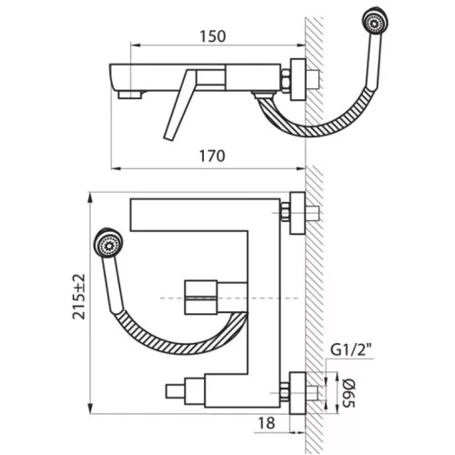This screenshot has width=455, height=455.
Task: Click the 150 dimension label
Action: (x=213, y=36)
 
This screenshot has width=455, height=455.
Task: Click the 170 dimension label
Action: (x=212, y=157)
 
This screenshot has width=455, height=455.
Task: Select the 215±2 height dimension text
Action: (x=79, y=297)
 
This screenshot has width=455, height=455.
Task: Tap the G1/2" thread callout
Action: (x=351, y=350)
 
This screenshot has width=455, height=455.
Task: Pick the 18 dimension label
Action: (x=267, y=423)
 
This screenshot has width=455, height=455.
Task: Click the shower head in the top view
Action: (x=375, y=20)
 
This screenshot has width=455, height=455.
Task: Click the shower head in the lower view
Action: (x=108, y=243)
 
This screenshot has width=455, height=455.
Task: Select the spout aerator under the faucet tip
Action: (x=130, y=95)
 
